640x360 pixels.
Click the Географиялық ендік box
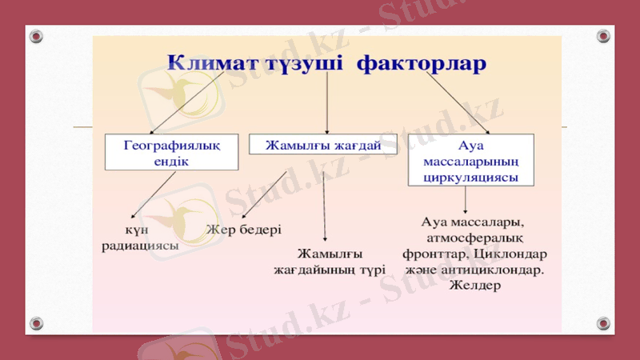171,152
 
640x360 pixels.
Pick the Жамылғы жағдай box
322,144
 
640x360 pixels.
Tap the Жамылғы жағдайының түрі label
330,262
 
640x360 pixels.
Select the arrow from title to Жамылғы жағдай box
326,104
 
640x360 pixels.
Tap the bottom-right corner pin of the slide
603,323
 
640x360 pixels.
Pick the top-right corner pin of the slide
603,37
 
